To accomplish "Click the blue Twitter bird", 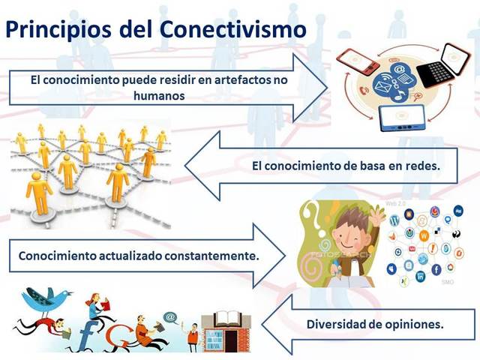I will (x=46, y=300).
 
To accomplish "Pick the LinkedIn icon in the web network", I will (x=420, y=277).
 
